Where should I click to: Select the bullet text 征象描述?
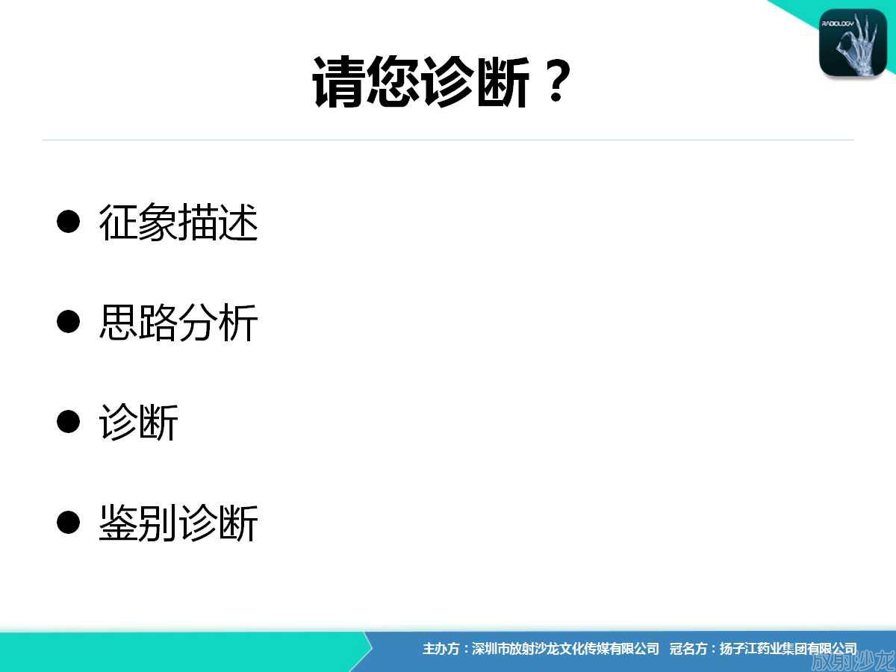point(178,223)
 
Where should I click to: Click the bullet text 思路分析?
point(178,323)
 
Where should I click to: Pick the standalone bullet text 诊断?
point(139,423)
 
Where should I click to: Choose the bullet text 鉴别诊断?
point(178,523)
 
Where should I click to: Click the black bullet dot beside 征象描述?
point(69,222)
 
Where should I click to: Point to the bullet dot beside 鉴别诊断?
point(69,523)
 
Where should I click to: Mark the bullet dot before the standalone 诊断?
point(69,422)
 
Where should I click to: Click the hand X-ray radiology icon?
point(853,43)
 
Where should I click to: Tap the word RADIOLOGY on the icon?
point(838,24)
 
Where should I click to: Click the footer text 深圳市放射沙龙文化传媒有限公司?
point(566,649)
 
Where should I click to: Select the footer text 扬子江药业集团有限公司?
point(788,649)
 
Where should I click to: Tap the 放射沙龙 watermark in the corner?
point(851,662)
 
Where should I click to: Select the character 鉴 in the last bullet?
point(119,523)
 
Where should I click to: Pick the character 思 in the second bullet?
point(119,323)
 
